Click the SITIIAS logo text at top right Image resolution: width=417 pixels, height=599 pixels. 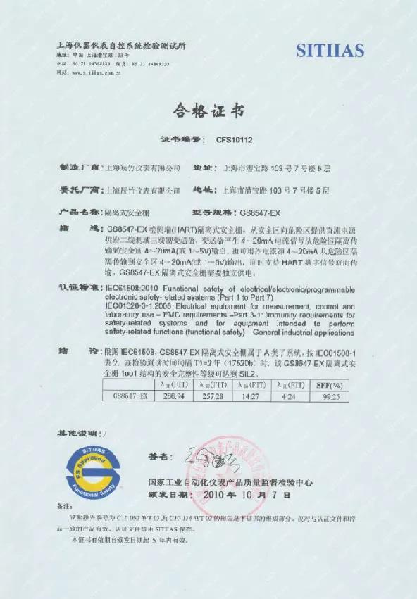pos(330,50)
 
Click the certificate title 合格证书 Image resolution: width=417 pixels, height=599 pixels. pos(208,112)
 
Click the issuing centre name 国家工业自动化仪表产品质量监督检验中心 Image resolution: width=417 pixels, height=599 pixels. pos(230,483)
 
